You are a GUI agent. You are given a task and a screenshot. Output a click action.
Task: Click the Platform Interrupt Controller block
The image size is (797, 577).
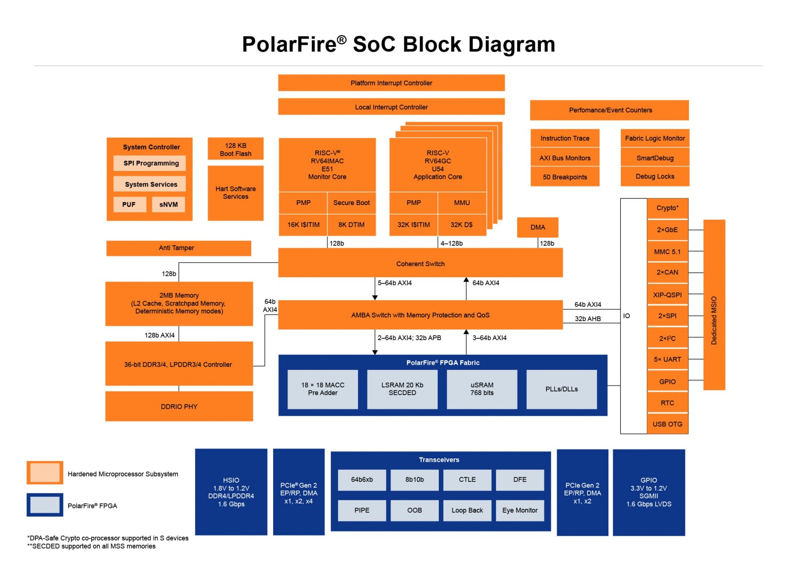(391, 83)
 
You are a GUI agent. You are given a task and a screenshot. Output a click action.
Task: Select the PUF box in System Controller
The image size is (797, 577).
(129, 205)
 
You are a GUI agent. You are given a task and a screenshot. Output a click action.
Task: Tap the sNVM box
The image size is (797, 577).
(168, 205)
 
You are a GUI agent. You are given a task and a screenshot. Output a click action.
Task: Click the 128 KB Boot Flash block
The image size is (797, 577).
(236, 149)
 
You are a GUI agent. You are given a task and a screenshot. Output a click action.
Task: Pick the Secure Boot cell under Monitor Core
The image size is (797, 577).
(351, 203)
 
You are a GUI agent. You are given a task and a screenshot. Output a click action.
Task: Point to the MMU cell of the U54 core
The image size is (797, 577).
(461, 203)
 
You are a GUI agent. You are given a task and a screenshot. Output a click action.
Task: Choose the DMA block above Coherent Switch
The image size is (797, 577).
(538, 227)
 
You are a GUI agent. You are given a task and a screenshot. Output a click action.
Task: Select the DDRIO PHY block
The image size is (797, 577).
(179, 407)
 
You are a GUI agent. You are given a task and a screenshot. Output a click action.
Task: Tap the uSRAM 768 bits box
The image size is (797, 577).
(482, 389)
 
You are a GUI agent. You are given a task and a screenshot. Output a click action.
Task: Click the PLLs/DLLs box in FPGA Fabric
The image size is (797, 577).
(561, 389)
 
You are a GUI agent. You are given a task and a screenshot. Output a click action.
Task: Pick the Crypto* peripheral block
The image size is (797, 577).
(667, 208)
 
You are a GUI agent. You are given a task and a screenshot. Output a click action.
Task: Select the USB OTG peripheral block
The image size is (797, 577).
(667, 424)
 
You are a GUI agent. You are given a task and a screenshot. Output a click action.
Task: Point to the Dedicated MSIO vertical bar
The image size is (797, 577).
(714, 305)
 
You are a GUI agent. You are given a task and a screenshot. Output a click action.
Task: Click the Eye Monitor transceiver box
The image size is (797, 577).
(520, 510)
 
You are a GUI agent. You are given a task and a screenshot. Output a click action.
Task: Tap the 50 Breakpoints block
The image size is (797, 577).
(565, 177)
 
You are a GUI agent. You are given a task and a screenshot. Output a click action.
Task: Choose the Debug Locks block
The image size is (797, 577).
(655, 176)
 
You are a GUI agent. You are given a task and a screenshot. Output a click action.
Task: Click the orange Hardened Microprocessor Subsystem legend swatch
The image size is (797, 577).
(45, 473)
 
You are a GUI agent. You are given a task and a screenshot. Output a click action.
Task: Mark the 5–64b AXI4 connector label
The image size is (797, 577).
(395, 283)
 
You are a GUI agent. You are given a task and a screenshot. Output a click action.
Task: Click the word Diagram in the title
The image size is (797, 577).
(511, 45)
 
